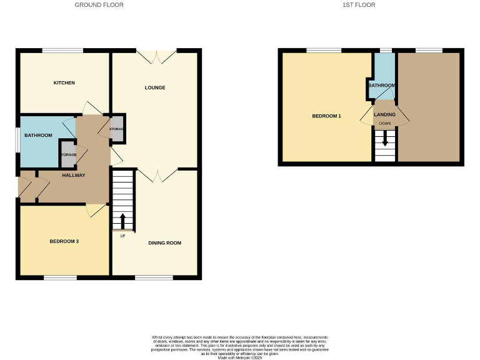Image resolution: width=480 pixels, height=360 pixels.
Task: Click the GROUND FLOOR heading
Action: coord(99,5)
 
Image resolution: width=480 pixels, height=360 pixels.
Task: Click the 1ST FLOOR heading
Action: coord(359,5)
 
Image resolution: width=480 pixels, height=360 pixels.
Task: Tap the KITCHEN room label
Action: coord(64,83)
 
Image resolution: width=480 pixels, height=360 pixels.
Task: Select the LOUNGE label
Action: coord(155,87)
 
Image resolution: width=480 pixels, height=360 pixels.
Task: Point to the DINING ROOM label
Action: coord(164,242)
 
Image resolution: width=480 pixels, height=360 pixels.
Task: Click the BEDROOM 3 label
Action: coord(64,241)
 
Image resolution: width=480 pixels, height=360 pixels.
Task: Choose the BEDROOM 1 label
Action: coord(326,116)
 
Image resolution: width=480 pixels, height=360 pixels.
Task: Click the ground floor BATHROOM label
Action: coord(38,135)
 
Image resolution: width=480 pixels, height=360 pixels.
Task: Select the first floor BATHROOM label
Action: coord(382,86)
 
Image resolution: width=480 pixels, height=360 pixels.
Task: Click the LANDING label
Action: coord(384,114)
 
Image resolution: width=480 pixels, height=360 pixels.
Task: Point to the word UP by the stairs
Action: coord(122,236)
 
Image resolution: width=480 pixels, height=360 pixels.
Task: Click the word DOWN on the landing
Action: coord(384,124)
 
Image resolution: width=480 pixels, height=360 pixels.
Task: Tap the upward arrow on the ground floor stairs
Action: coord(122,221)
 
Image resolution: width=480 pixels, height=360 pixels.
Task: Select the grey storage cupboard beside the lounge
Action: coord(117,129)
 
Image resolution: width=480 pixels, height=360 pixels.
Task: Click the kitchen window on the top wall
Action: coord(62,51)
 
